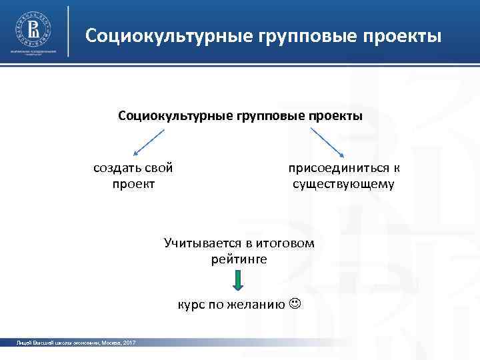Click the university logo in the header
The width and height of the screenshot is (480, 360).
(x=32, y=29)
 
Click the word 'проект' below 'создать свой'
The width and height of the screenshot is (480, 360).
(x=135, y=183)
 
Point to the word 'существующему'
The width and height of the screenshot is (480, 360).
(x=343, y=183)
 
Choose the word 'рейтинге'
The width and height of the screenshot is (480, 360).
(x=238, y=259)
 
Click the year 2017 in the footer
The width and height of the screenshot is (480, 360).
(x=129, y=343)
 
